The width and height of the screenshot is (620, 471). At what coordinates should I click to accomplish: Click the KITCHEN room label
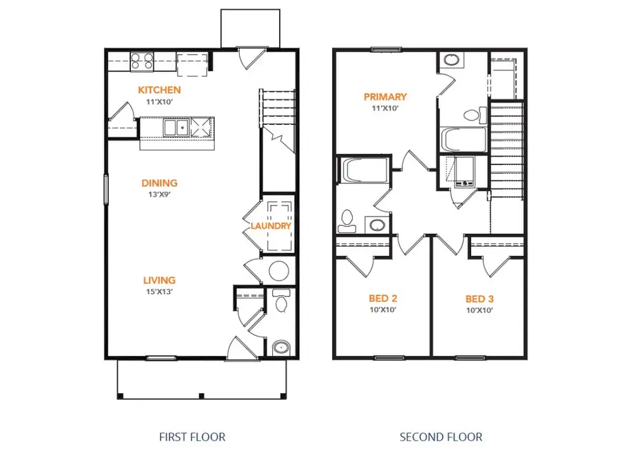159,90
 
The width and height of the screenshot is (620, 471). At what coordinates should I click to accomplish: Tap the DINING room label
159,183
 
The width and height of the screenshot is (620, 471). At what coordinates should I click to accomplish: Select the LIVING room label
159,280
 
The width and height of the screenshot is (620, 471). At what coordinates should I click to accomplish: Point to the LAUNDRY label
271,226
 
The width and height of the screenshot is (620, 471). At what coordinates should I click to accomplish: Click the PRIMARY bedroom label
385,97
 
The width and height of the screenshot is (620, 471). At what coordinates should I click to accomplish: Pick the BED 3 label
479,299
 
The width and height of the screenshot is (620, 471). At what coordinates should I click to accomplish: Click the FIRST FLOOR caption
192,437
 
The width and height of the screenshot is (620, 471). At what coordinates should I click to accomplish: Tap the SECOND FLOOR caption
441,437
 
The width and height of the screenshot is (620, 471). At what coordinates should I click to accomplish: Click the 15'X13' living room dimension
159,291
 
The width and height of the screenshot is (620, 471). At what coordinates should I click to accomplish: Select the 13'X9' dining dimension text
159,194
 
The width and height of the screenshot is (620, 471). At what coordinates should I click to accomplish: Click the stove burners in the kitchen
143,61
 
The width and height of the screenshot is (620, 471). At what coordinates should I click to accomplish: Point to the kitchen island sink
176,128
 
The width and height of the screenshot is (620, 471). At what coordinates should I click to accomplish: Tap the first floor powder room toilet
281,301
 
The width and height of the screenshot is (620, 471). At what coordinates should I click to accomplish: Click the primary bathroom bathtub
462,140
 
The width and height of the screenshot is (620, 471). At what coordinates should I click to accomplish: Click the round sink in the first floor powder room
280,347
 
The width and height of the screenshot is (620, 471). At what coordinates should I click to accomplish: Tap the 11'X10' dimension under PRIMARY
385,108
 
